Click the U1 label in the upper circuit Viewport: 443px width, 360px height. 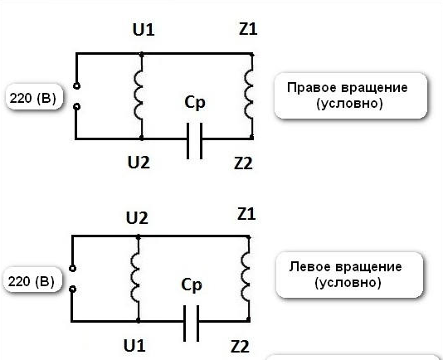(x=144, y=30)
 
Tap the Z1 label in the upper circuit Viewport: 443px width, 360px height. (x=248, y=29)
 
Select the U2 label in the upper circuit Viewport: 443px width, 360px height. (x=139, y=163)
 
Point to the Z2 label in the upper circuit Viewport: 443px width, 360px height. (x=243, y=163)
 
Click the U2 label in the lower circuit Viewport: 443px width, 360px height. (x=137, y=218)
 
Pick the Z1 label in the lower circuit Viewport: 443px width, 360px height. (x=246, y=214)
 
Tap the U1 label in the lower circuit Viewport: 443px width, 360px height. (x=134, y=346)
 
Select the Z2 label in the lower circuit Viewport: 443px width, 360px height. (x=240, y=347)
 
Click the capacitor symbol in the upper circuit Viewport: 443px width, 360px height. (x=195, y=141)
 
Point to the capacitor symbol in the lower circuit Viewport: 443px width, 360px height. (x=192, y=324)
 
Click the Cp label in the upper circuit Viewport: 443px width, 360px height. (x=195, y=103)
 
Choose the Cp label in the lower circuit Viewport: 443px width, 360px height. (x=192, y=285)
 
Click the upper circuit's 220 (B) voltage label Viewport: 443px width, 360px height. (x=33, y=99)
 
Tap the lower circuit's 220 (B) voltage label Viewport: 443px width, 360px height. (x=31, y=281)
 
